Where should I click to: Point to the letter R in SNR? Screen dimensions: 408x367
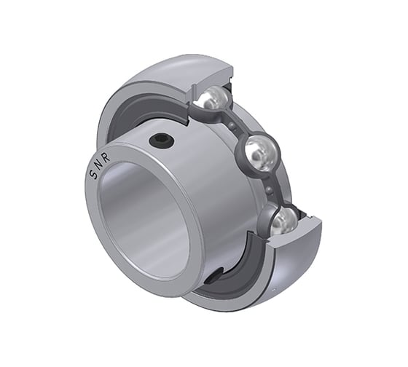click(106, 157)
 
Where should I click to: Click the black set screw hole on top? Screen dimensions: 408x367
click(160, 141)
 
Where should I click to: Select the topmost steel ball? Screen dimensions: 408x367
click(215, 99)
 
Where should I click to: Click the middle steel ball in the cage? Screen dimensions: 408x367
click(261, 153)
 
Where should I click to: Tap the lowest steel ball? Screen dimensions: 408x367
click(283, 221)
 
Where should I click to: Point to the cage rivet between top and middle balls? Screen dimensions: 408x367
click(235, 127)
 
